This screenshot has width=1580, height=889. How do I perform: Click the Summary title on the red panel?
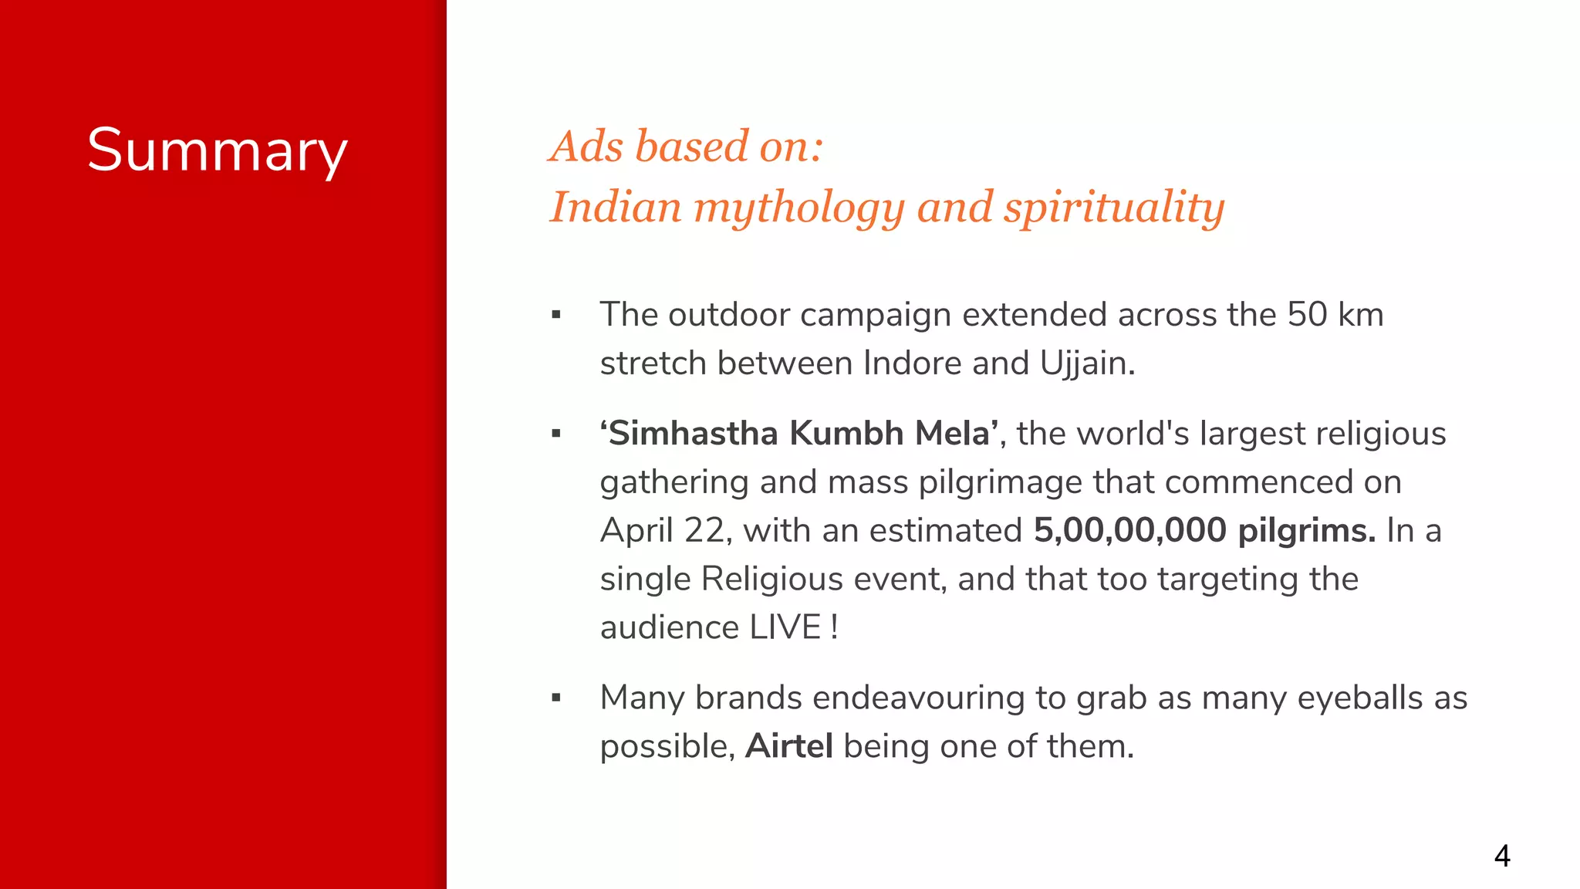tap(217, 150)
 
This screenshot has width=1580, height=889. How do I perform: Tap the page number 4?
tap(1501, 856)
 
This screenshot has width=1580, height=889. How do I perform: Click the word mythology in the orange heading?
tap(798, 208)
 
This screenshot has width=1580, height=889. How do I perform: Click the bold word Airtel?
tap(788, 746)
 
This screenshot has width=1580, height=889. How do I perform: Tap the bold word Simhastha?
tap(694, 434)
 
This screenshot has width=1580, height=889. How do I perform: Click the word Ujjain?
tap(1086, 363)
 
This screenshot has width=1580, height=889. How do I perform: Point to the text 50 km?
tap(1335, 315)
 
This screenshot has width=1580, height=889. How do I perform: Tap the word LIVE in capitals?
tap(785, 627)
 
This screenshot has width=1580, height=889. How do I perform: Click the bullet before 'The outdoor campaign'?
tap(556, 315)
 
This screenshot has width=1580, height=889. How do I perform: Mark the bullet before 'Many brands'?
tap(556, 698)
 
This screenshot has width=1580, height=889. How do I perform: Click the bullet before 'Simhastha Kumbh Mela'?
tap(556, 434)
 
